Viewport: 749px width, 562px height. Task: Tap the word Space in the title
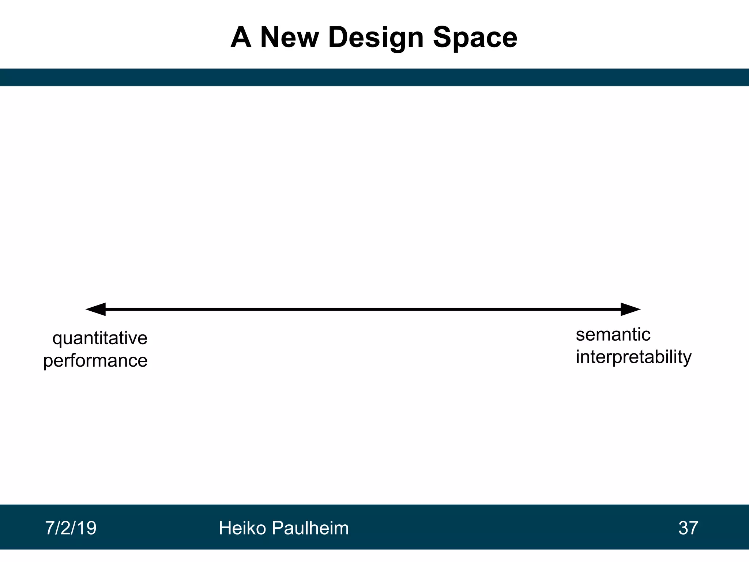tap(475, 37)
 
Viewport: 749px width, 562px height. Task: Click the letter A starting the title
tap(241, 37)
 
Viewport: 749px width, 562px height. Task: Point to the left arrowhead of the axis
tap(96, 309)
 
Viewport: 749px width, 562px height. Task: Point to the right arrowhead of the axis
tap(630, 309)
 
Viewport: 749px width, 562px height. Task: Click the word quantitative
tap(100, 338)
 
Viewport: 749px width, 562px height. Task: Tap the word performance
tap(95, 360)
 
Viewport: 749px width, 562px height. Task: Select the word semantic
tap(613, 334)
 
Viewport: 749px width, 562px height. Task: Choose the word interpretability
tap(633, 357)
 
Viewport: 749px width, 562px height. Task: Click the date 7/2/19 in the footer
tap(71, 528)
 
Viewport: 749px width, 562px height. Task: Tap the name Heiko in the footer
tap(243, 528)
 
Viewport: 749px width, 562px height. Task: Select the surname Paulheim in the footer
tap(310, 528)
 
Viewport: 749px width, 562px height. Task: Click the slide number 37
tap(688, 528)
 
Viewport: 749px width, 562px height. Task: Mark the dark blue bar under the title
tap(374, 77)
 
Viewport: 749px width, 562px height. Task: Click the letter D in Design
tap(338, 37)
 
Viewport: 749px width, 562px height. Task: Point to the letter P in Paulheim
tap(278, 528)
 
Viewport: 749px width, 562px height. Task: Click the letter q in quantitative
tap(57, 339)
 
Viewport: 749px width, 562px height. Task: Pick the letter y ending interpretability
tap(687, 358)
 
